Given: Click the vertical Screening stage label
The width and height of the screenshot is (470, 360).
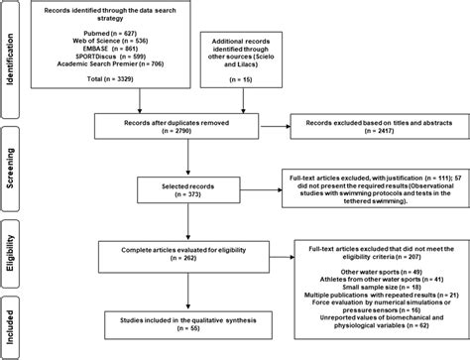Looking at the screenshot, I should (12, 153).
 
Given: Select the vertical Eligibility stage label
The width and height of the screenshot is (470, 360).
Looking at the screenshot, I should (12, 241).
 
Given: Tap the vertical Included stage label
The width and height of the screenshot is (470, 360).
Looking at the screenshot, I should (12, 318).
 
